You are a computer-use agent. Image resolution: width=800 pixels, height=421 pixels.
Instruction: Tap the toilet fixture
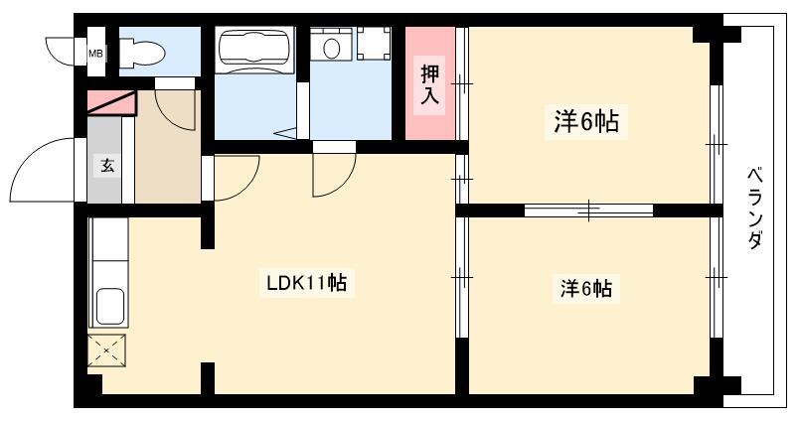142,52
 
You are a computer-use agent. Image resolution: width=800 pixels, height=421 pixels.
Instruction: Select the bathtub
254,51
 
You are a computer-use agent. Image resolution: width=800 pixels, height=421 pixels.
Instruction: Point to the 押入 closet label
429,84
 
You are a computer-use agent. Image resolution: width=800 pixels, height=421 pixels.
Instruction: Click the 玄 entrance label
107,166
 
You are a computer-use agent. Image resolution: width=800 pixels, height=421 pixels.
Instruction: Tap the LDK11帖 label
307,283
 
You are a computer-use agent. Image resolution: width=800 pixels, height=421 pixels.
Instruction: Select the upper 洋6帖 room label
586,122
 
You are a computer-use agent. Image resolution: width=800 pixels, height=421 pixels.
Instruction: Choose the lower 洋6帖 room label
586,289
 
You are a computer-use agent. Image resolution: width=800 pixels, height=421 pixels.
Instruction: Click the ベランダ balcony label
755,208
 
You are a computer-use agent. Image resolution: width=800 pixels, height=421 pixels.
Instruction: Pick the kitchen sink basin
109,306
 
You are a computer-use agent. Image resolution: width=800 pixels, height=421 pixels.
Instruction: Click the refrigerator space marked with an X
106,351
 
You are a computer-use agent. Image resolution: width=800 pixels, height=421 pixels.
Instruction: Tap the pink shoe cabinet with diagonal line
111,103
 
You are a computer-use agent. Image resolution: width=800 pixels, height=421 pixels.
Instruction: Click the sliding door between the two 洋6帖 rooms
588,210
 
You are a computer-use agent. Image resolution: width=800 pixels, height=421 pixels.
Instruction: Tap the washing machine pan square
374,44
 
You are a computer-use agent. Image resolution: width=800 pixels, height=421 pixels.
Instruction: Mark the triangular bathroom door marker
285,133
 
